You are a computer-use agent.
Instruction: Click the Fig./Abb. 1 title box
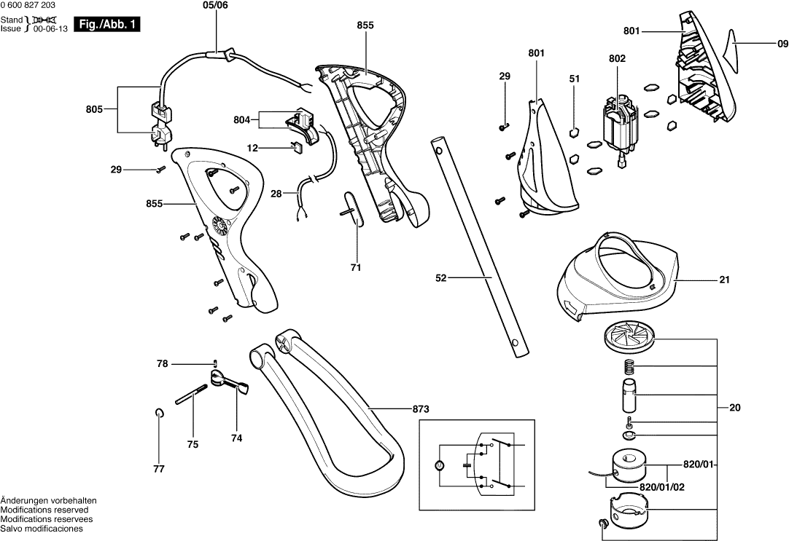tap(106, 25)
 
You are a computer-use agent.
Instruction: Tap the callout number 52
tap(442, 277)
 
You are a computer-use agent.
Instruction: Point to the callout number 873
tap(421, 409)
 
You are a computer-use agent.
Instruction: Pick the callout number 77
tap(159, 469)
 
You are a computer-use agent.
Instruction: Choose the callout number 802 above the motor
tap(617, 58)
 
